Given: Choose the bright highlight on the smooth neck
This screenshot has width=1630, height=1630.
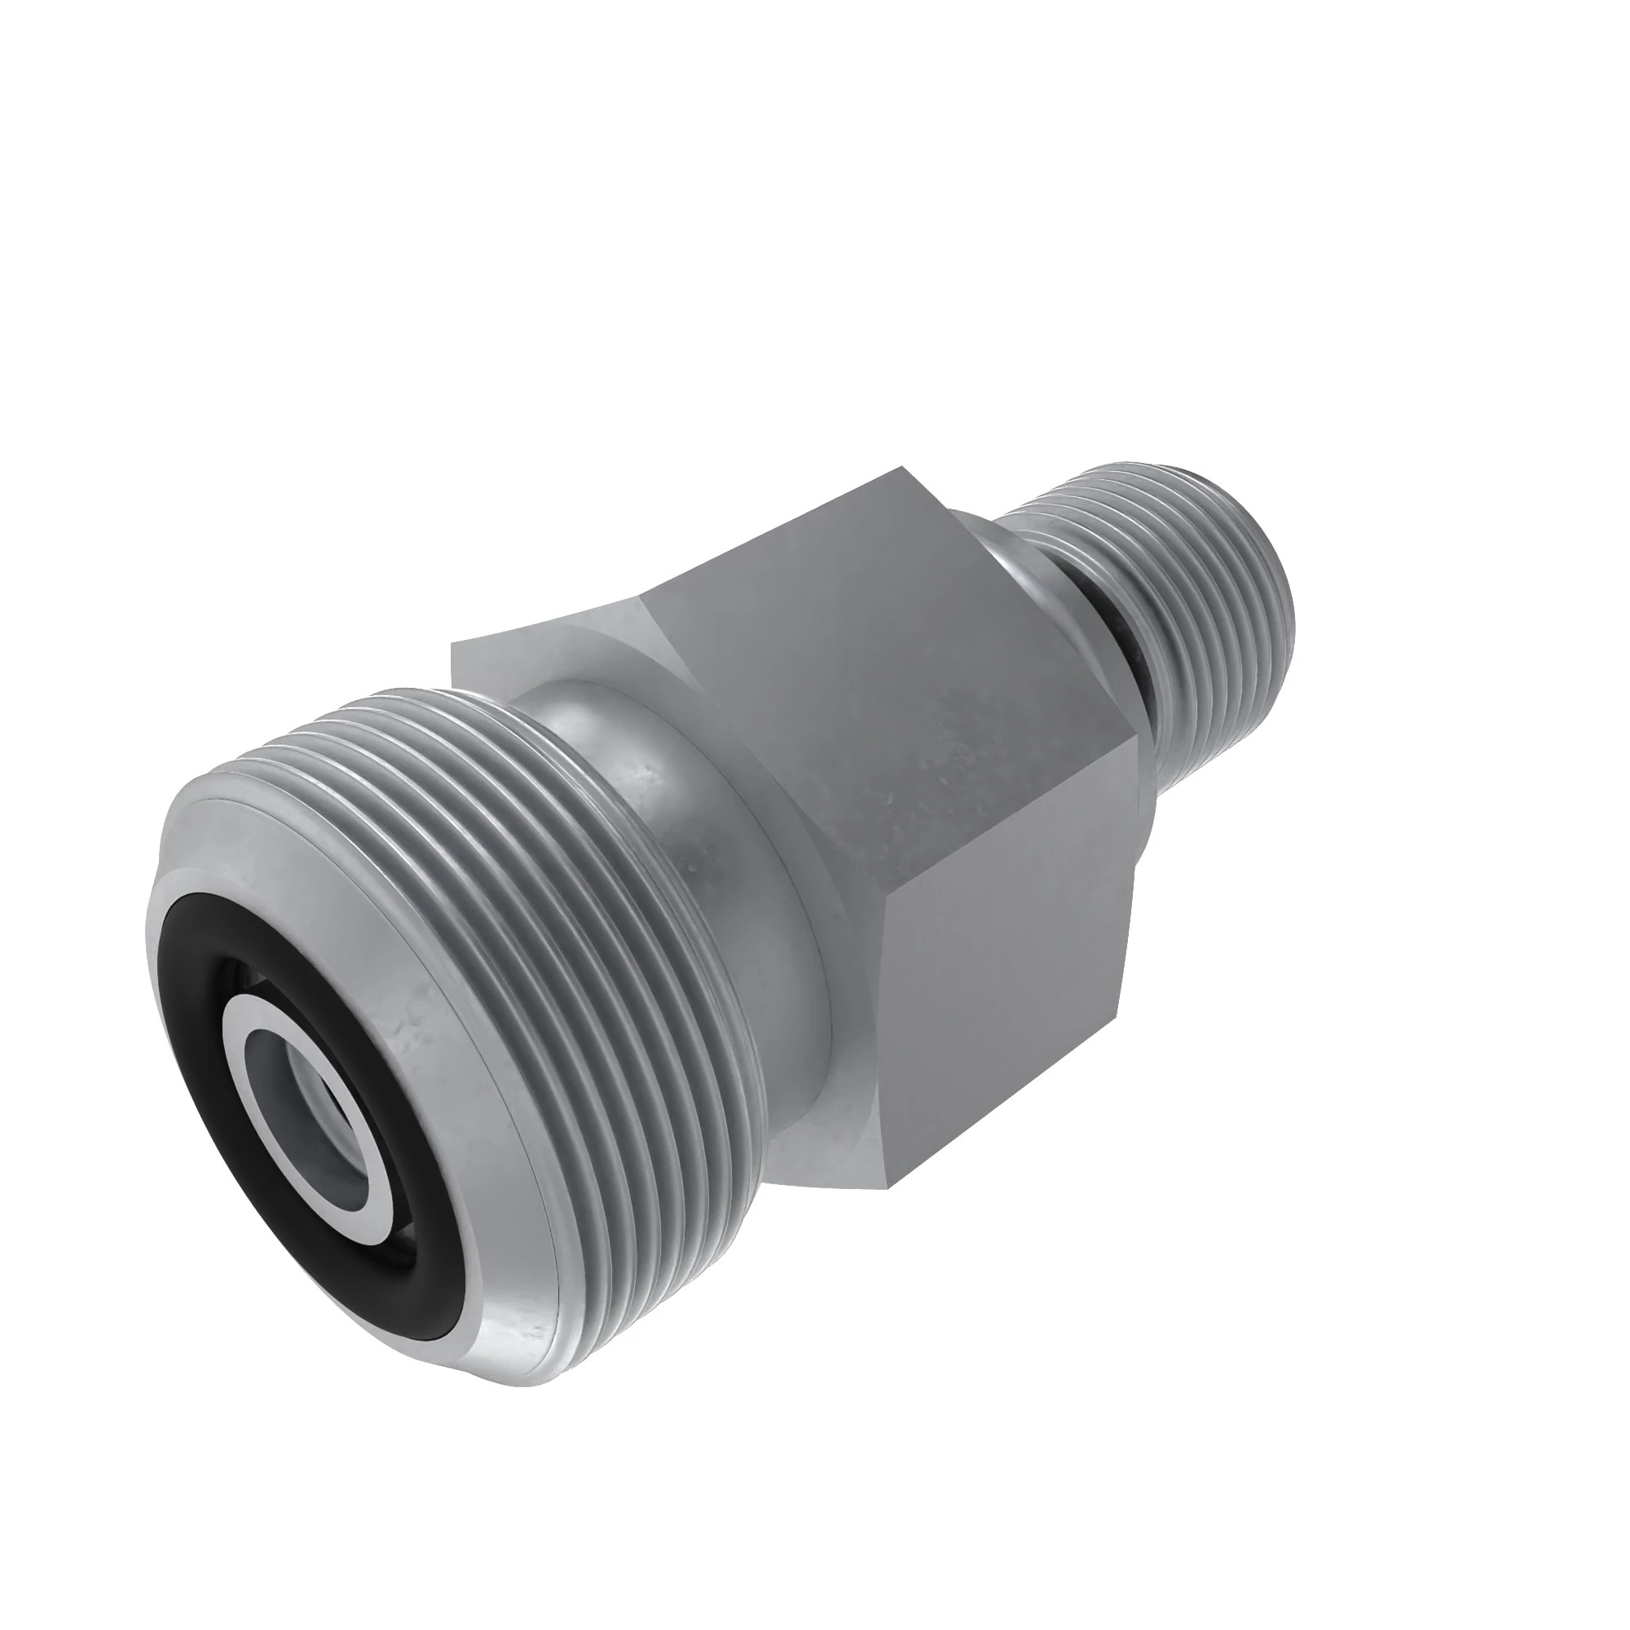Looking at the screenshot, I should (x=582, y=725).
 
